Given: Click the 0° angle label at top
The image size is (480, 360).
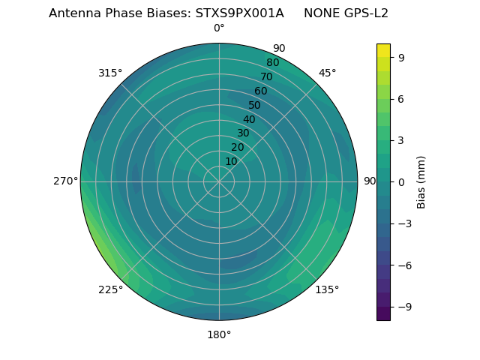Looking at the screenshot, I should pyautogui.click(x=219, y=28).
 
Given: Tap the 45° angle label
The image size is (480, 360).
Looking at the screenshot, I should pyautogui.click(x=327, y=73).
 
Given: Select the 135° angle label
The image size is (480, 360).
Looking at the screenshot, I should pyautogui.click(x=327, y=289).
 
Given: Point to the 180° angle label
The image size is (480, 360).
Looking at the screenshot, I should pyautogui.click(x=219, y=334).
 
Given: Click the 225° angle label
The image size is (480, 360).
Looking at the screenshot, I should pyautogui.click(x=110, y=289).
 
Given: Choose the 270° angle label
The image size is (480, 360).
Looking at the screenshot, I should pyautogui.click(x=65, y=181).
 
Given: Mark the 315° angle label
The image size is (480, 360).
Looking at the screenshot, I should pyautogui.click(x=110, y=73).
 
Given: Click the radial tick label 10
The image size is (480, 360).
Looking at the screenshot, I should pyautogui.click(x=231, y=161).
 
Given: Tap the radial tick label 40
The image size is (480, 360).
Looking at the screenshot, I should pyautogui.click(x=249, y=120).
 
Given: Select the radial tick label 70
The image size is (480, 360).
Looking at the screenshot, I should pyautogui.click(x=266, y=76).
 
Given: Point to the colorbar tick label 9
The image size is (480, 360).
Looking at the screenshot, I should pyautogui.click(x=402, y=57).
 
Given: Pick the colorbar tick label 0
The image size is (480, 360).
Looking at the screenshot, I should pyautogui.click(x=402, y=181).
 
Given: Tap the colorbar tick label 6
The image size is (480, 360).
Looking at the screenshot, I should pyautogui.click(x=402, y=98).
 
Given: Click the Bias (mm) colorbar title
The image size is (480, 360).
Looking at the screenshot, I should pyautogui.click(x=421, y=181).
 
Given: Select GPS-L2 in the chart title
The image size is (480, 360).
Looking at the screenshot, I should pyautogui.click(x=364, y=13).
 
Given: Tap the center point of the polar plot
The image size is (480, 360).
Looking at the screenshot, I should pyautogui.click(x=219, y=181).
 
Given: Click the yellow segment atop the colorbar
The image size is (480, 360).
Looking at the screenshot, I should pyautogui.click(x=383, y=50).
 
